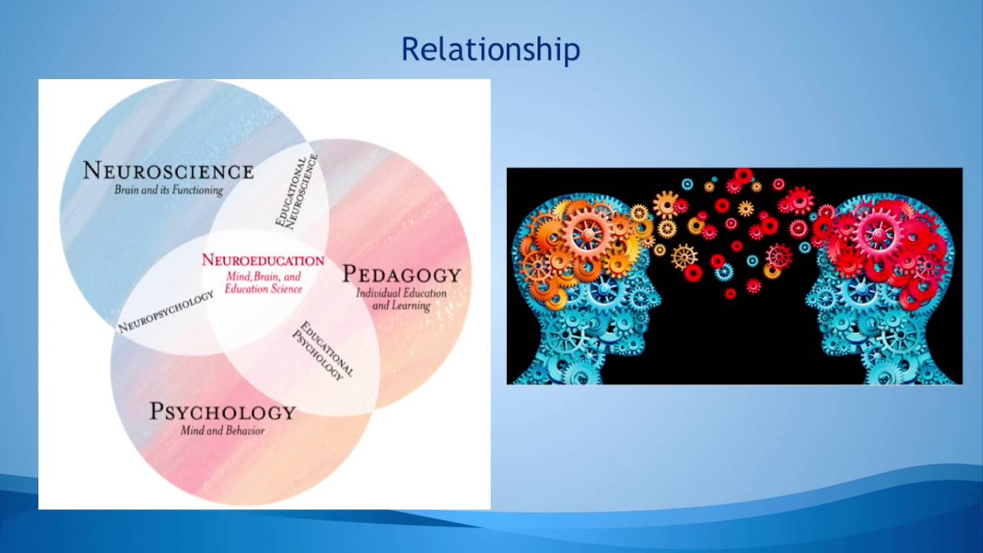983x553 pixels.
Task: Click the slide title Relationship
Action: coord(490,50)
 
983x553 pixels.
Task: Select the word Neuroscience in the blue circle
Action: coord(168,171)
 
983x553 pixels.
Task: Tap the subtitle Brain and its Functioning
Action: coord(168,190)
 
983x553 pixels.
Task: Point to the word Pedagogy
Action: coord(401,274)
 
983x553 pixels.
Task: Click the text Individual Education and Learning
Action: coord(401,300)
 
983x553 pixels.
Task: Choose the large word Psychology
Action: coord(223,412)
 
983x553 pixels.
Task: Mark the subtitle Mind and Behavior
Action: coord(223,431)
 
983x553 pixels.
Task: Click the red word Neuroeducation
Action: coord(263,260)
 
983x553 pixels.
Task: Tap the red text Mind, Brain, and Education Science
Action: coord(263,283)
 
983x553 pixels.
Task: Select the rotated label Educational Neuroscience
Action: coord(296,190)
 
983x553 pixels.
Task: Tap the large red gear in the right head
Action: coord(879,233)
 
